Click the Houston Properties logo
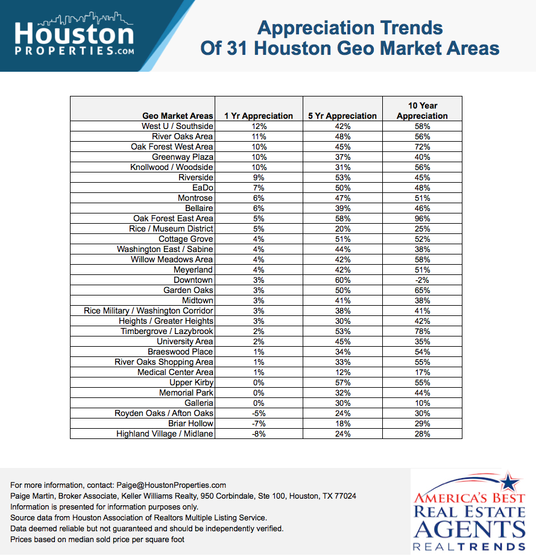pyautogui.click(x=74, y=34)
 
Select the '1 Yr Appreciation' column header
pyautogui.click(x=259, y=116)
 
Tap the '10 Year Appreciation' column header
pyautogui.click(x=422, y=110)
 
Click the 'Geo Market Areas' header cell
pyautogui.click(x=177, y=116)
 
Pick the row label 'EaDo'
pyautogui.click(x=203, y=188)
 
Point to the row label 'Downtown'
pyautogui.click(x=193, y=280)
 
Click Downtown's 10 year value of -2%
pyautogui.click(x=422, y=280)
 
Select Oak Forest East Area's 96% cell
pyautogui.click(x=422, y=218)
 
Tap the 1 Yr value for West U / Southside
pyautogui.click(x=259, y=126)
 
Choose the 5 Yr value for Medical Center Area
pyautogui.click(x=343, y=372)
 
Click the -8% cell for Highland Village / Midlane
pyautogui.click(x=259, y=434)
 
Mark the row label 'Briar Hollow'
pyautogui.click(x=191, y=423)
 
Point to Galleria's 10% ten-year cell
pyautogui.click(x=422, y=403)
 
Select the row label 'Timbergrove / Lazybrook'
pyautogui.click(x=167, y=331)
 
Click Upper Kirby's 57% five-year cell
pyautogui.click(x=343, y=382)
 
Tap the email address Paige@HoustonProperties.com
pyautogui.click(x=171, y=485)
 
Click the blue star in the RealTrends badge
pyautogui.click(x=509, y=482)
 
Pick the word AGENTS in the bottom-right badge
pyautogui.click(x=469, y=529)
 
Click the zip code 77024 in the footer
pyautogui.click(x=345, y=496)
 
